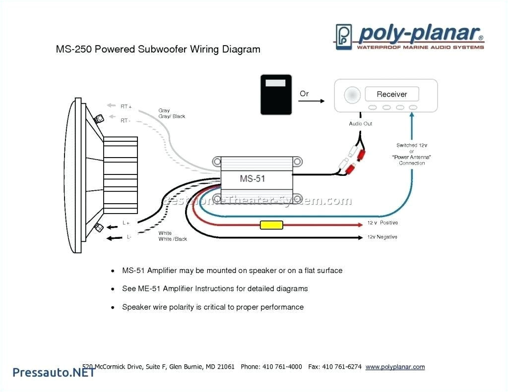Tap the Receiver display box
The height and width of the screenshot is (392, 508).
391,94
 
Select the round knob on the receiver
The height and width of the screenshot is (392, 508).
352,94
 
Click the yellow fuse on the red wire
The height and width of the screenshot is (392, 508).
271,225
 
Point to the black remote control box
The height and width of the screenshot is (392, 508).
276,95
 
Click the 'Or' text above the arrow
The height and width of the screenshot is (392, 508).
304,93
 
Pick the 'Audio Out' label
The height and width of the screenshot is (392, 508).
361,123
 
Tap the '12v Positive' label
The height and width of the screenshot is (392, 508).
382,223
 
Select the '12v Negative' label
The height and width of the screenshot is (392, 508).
382,237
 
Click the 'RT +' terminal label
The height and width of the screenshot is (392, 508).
126,106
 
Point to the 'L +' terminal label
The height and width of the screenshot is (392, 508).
126,224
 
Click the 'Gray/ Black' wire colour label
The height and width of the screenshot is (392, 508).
172,116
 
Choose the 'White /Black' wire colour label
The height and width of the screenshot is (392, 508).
173,239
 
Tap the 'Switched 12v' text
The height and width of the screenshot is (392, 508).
411,145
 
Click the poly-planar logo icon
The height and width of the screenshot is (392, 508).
344,36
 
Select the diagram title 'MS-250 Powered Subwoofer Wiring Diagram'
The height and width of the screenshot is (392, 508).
158,49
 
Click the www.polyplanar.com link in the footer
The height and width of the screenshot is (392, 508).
395,367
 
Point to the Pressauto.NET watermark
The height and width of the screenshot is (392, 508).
54,372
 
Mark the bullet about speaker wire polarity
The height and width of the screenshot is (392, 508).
213,307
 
